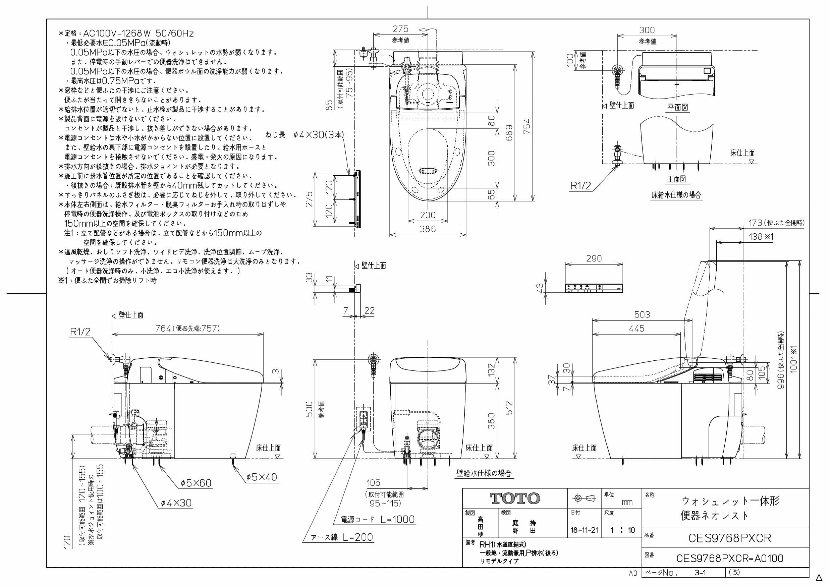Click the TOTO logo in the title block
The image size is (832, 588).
coord(515,498)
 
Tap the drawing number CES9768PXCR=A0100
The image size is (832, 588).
coord(730,558)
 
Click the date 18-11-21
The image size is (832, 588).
coord(585,530)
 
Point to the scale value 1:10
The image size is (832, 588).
coord(622,530)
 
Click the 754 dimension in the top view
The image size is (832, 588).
coord(527,126)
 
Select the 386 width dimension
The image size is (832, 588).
coord(428,229)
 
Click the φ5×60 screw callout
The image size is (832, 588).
coord(196,483)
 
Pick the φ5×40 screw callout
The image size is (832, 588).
coord(262,477)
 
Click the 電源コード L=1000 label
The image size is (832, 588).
coord(378,519)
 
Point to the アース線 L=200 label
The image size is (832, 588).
coord(342,537)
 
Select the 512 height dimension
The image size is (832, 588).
coord(509,408)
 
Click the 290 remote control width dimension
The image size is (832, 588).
coord(594,258)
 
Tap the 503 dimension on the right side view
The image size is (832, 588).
coord(642,314)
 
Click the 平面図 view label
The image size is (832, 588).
coord(678,107)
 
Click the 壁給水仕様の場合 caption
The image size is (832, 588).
coord(484,473)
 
